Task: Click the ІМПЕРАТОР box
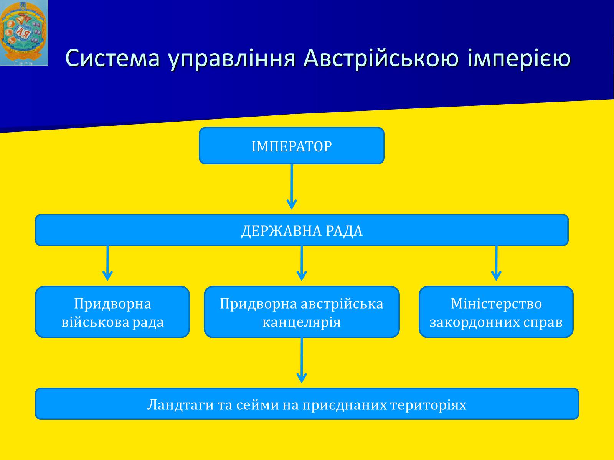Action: pos(292,146)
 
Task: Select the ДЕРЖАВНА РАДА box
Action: pos(302,230)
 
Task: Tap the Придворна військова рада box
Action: pos(112,312)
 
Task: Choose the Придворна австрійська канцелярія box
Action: pos(302,312)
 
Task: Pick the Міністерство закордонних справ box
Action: pos(496,312)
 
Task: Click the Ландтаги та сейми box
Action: pos(307,404)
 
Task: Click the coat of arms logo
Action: pos(24,33)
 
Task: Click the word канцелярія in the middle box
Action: pos(302,322)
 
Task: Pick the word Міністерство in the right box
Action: pos(496,304)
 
